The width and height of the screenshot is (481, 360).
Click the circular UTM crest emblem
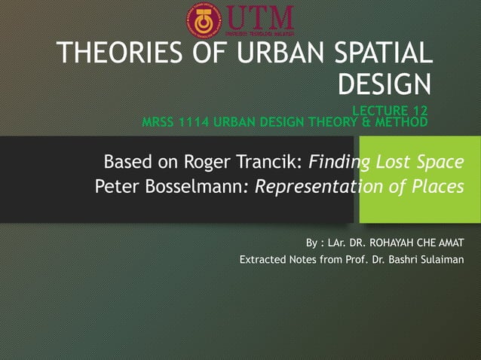[204, 20]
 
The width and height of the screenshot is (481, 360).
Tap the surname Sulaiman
[442, 261]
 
